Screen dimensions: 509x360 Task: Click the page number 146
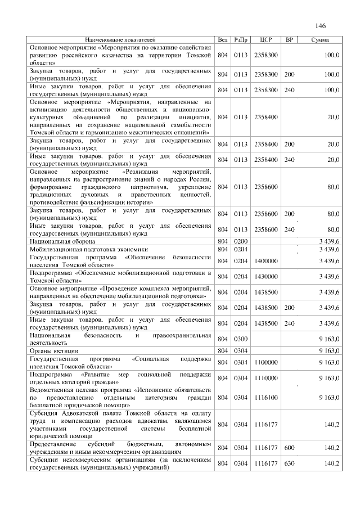[321, 26]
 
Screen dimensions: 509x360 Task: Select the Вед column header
[223, 40]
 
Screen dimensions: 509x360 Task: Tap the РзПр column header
[241, 40]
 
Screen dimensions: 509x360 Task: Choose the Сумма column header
[321, 40]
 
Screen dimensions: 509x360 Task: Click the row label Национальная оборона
[62, 241]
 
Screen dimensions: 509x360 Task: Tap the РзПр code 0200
[241, 241]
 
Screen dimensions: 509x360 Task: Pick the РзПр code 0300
[241, 339]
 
